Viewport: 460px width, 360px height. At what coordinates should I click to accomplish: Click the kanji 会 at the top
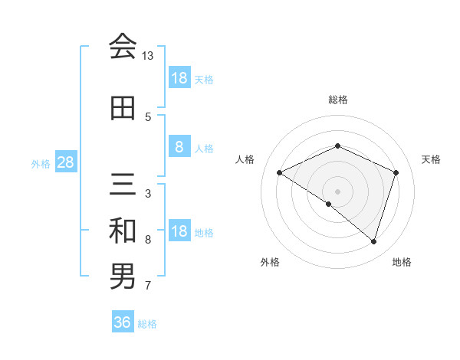coord(123,47)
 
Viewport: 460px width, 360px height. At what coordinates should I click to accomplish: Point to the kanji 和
coord(123,231)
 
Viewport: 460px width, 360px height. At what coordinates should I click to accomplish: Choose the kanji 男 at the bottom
coord(123,277)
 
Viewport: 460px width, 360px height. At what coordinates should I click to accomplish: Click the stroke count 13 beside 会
coord(148,57)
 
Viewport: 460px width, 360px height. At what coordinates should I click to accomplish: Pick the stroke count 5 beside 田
coord(148,117)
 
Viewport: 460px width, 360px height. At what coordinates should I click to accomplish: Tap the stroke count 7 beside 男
coord(148,286)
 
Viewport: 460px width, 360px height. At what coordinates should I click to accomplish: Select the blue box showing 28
coord(65,163)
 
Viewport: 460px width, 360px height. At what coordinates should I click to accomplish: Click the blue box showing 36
coord(123,322)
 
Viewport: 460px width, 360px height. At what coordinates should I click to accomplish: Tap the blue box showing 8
coord(179,147)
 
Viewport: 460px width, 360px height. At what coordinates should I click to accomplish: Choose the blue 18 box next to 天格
coord(179,78)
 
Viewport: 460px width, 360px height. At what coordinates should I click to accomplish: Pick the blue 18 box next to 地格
coord(179,231)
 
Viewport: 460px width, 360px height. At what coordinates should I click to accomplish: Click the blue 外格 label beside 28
coord(41,164)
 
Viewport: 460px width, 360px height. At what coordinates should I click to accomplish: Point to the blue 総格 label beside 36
coord(147,324)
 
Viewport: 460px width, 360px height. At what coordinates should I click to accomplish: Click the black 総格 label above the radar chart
coord(337,100)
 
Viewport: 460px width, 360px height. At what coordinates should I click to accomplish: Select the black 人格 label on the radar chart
coord(245,159)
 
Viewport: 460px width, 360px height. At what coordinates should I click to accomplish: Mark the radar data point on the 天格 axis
coord(396,172)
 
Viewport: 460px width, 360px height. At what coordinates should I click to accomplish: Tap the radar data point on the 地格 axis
coord(373,242)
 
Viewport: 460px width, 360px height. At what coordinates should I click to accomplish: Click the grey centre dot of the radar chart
coord(337,191)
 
